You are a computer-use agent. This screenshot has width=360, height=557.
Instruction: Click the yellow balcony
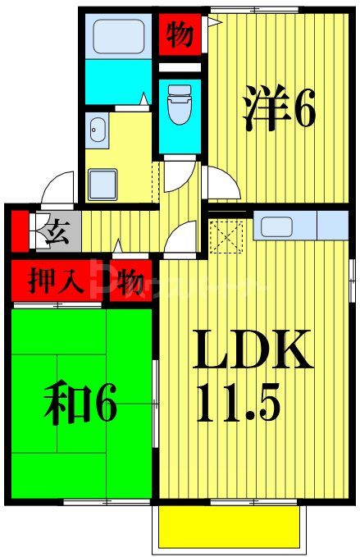[x=227, y=524]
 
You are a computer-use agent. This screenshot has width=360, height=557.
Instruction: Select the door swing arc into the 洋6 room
[x=218, y=182]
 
